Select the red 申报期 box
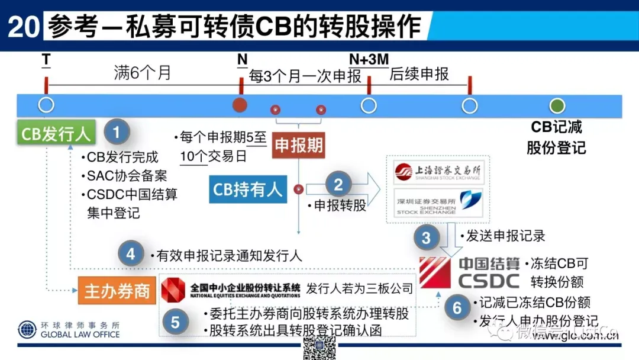(298, 146)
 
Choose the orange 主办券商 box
(117, 291)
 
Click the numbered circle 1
(117, 131)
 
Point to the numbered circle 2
(338, 185)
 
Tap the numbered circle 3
(426, 238)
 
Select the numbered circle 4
(131, 255)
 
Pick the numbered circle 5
(175, 323)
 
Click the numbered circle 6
(456, 308)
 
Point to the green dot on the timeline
(556, 105)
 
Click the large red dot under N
(240, 105)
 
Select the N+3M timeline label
(369, 59)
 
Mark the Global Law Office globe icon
(27, 329)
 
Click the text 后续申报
(419, 74)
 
